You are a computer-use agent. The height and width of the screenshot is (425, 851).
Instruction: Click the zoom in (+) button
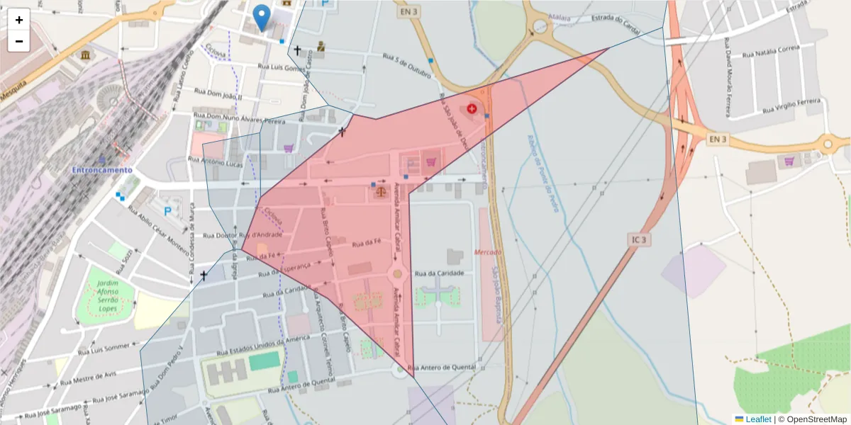pyautogui.click(x=19, y=20)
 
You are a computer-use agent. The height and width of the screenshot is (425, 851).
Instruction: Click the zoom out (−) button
pyautogui.click(x=19, y=41)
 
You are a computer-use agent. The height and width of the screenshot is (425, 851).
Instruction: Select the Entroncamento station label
pyautogui.click(x=101, y=170)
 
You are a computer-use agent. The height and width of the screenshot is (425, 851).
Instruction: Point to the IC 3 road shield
pyautogui.click(x=638, y=240)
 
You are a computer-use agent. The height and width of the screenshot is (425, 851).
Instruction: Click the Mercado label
pyautogui.click(x=489, y=252)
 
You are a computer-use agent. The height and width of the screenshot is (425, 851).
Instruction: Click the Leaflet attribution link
pyautogui.click(x=757, y=419)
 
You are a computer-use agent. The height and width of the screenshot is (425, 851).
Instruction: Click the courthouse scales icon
pyautogui.click(x=381, y=191)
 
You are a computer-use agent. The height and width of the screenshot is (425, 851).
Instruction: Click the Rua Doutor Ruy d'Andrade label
pyautogui.click(x=243, y=234)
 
